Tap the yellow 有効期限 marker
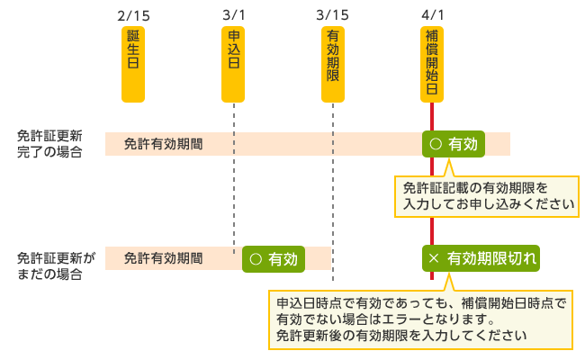pos(333,63)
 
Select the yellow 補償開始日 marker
pos(433,63)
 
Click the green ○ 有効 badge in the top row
pos(454,143)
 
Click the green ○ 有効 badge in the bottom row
pos(274,258)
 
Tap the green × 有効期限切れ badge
pos(482,258)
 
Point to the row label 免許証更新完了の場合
pos(49,144)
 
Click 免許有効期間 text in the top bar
pos(163,144)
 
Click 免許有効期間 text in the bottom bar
pos(163,258)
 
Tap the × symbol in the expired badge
pos(434,258)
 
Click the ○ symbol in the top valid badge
pos(435,143)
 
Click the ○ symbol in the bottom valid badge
pos(255,258)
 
